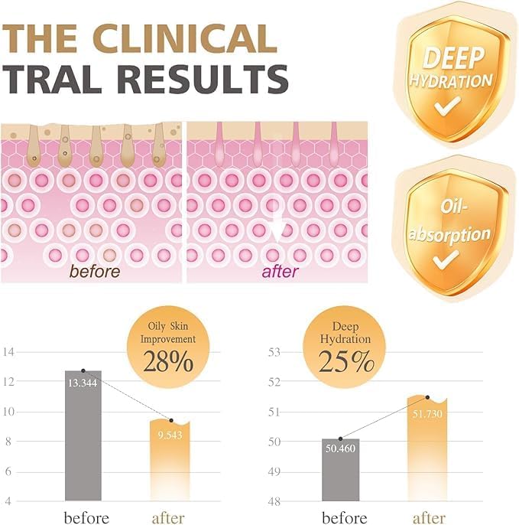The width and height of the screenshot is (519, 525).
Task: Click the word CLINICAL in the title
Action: tap(185, 38)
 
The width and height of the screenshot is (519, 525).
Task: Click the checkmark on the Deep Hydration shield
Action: tap(447, 106)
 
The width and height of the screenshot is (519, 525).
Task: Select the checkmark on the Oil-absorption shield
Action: tap(446, 259)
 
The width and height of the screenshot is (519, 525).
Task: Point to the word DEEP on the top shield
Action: tap(454, 58)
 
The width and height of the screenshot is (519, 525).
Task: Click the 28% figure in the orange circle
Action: tap(168, 361)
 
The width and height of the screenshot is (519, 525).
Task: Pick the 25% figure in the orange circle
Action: tap(346, 361)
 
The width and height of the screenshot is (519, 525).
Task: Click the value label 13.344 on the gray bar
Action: tap(83, 383)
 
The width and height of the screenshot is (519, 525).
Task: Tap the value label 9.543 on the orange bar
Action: tap(170, 435)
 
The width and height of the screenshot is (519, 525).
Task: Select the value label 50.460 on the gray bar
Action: tap(340, 448)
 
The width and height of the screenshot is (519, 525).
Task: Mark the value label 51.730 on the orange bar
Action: tap(427, 414)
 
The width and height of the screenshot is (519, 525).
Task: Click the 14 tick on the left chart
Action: tap(8, 352)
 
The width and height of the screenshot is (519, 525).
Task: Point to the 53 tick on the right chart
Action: tap(274, 352)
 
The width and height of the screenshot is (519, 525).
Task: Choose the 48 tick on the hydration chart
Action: tap(274, 501)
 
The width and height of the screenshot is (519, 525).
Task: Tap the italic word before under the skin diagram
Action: tap(95, 271)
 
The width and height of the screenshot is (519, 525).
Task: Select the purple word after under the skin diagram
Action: tap(281, 272)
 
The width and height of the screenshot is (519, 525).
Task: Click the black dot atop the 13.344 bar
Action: tap(83, 370)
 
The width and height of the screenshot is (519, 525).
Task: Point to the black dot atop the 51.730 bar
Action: tap(428, 397)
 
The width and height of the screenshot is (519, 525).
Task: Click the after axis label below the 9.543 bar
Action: tap(168, 518)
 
